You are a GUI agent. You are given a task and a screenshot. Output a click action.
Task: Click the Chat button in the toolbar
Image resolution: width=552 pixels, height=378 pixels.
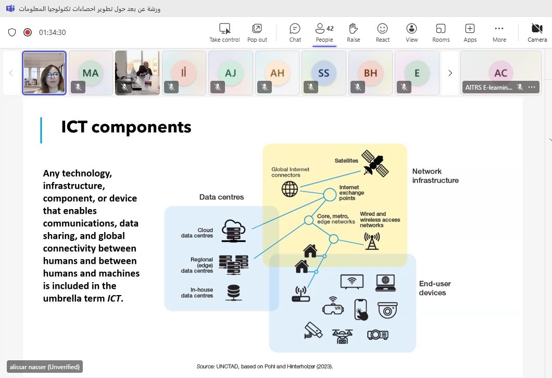(x=295, y=32)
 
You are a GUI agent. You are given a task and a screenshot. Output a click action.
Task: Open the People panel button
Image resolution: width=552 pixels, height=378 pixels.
(x=324, y=32)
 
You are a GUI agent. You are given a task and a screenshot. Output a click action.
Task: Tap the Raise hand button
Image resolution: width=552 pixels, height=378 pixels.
(x=354, y=32)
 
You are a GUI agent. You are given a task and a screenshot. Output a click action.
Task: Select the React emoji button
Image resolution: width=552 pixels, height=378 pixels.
(x=383, y=32)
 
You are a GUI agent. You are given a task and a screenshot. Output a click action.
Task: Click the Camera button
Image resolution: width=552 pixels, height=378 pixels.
(x=537, y=32)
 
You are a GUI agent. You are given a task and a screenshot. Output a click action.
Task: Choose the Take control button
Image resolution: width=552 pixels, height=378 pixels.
(x=224, y=32)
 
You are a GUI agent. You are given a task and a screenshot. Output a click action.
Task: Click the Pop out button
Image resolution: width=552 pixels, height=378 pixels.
(x=257, y=32)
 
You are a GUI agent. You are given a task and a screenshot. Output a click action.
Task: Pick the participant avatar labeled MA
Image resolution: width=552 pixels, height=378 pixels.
(x=91, y=73)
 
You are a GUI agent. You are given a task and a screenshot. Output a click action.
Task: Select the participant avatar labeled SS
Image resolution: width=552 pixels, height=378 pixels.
(x=323, y=73)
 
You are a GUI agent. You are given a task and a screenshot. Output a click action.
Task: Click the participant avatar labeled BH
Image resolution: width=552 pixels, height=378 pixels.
(x=370, y=73)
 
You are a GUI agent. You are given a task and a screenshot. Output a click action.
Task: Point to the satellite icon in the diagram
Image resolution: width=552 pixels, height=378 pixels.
(x=375, y=163)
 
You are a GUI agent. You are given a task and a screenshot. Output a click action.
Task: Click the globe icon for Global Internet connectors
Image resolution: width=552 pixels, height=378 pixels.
(x=290, y=189)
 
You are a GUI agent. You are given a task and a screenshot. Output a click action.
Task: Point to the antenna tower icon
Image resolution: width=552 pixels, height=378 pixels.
(x=371, y=240)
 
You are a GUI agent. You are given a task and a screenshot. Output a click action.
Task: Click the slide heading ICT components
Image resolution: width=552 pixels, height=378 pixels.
(x=126, y=127)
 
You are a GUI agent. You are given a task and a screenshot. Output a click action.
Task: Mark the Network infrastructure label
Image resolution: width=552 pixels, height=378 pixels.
(x=435, y=176)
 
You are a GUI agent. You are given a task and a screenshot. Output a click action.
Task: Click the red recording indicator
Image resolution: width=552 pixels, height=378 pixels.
(x=28, y=32)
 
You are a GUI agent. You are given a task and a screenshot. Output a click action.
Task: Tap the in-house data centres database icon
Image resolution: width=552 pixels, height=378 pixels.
(x=234, y=292)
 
